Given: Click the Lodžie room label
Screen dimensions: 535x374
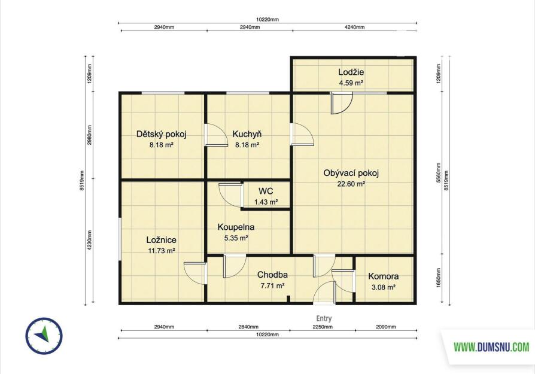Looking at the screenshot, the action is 351,72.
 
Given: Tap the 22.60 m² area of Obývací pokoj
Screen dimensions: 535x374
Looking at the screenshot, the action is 351,184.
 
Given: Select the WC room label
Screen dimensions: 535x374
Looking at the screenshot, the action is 266,191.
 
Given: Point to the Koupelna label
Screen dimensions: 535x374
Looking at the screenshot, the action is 236,227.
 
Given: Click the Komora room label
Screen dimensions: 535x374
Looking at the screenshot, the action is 383,276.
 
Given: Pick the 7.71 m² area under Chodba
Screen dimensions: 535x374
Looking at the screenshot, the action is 272,286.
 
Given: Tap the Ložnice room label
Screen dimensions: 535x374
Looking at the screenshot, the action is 161,240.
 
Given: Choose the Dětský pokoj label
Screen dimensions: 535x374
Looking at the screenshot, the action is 161,134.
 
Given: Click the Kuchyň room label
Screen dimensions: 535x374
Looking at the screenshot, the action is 247,134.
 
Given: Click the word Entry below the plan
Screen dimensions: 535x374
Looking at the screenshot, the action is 324,318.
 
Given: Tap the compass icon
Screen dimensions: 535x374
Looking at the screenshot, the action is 44,336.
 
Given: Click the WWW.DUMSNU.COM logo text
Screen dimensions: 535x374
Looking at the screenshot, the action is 491,348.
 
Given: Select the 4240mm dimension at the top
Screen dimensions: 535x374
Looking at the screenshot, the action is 355,28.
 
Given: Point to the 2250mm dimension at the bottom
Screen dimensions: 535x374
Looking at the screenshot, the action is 323,327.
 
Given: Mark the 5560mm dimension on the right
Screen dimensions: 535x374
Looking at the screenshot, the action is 439,173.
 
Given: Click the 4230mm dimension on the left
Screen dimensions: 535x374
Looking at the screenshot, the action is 89,241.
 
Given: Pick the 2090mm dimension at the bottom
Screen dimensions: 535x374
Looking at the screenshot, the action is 386,327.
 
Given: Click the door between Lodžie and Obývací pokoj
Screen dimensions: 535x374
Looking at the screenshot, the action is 342,103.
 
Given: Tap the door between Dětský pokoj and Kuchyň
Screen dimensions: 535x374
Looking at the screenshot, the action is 216,135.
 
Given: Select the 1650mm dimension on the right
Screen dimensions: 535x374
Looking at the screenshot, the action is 439,278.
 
